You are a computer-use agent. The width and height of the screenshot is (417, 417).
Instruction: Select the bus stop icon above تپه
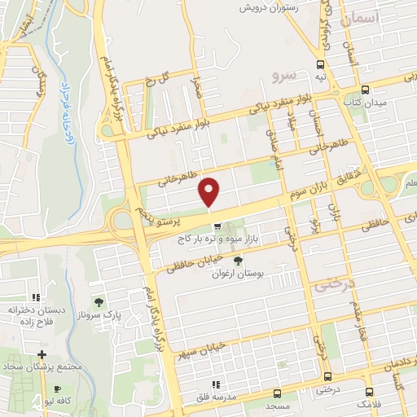[x=320, y=63]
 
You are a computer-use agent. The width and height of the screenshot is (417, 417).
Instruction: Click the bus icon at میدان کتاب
[x=364, y=90]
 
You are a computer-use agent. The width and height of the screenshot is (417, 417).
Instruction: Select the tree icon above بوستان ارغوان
[x=237, y=261]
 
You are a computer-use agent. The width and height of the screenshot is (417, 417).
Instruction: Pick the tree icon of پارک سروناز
[x=99, y=305]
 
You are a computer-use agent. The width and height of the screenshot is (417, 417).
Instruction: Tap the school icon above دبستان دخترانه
[x=35, y=298]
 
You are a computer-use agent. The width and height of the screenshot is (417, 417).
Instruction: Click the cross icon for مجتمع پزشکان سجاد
[x=42, y=355]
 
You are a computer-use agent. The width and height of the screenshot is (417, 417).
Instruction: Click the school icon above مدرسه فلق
[x=215, y=384]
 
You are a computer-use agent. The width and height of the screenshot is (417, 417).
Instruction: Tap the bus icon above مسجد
[x=327, y=375]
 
